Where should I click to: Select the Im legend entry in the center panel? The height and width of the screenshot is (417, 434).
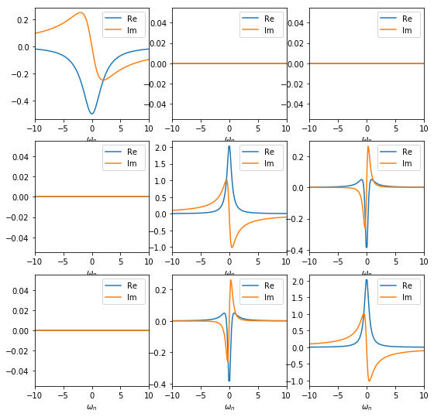click(x=266, y=163)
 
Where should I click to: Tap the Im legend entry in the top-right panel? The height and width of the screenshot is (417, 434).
click(x=403, y=30)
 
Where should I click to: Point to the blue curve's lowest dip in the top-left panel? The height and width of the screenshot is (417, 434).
click(x=92, y=114)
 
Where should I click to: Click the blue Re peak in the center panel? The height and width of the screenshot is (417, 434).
click(x=229, y=146)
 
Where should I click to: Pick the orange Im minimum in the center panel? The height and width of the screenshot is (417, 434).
click(x=232, y=248)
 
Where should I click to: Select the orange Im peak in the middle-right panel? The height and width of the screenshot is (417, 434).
click(x=368, y=146)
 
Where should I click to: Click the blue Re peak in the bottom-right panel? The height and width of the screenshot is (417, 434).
click(x=367, y=279)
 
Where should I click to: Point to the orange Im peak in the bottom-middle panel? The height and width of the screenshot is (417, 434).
click(x=231, y=280)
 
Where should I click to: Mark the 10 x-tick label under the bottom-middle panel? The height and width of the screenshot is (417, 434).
click(x=285, y=395)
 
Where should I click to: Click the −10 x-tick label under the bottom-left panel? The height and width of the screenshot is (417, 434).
click(x=34, y=395)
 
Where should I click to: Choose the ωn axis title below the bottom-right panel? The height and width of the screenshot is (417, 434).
click(x=367, y=407)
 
